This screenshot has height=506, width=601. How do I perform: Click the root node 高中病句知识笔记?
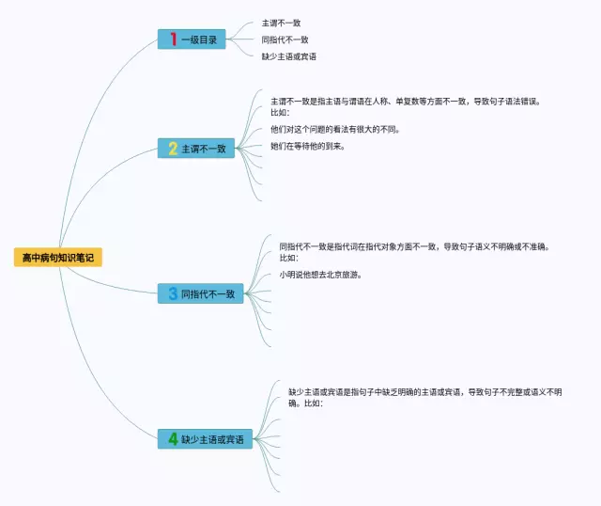click(58, 257)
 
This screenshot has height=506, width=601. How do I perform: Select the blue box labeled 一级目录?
click(192, 40)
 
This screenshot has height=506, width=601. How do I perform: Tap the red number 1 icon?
click(173, 40)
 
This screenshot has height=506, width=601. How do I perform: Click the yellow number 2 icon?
click(172, 149)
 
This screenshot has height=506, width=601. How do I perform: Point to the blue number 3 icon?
click(172, 294)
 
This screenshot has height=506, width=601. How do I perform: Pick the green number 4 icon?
click(172, 439)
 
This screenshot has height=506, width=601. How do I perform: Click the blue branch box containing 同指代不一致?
click(200, 294)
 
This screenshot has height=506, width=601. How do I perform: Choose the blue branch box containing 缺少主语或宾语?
click(205, 439)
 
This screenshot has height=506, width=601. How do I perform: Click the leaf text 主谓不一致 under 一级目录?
click(281, 23)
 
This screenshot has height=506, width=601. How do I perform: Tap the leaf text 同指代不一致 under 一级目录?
click(285, 40)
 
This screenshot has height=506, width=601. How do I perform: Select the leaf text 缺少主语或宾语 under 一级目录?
click(288, 56)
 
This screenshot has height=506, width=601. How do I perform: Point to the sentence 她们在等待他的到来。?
click(307, 146)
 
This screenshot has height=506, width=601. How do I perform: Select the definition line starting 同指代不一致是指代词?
click(413, 246)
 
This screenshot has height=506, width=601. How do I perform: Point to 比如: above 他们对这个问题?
click(280, 112)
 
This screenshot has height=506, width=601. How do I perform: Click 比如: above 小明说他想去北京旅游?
click(288, 258)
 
